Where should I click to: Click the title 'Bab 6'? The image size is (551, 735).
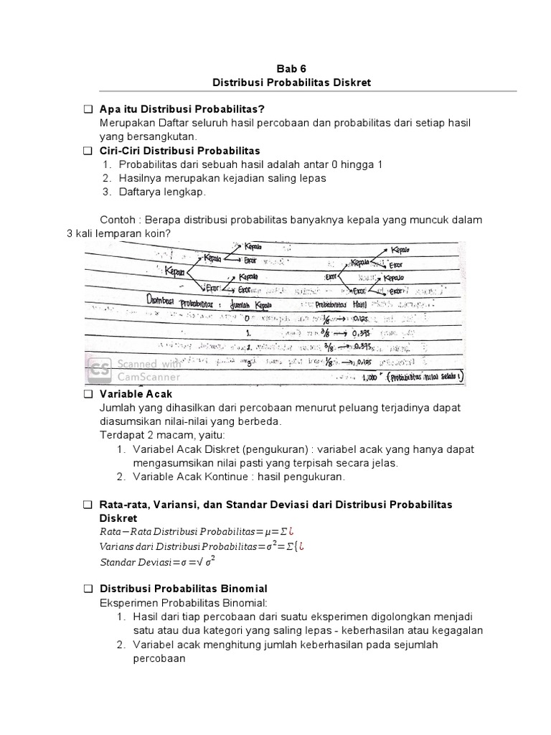tap(292, 69)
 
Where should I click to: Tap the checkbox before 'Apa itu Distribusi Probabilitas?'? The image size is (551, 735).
tap(88, 109)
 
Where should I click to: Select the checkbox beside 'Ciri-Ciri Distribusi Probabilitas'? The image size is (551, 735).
tap(88, 151)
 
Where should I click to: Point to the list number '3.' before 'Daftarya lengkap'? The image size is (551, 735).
tap(108, 192)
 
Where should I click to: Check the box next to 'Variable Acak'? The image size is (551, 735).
tap(88, 395)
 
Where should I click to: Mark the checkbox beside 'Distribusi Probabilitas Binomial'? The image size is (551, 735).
tap(88, 589)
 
